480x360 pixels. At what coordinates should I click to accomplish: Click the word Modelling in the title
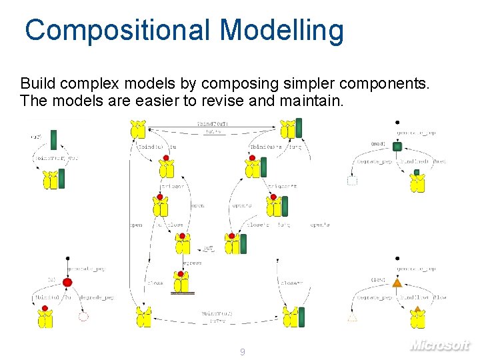(x=282, y=30)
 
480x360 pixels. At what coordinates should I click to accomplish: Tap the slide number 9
(x=243, y=351)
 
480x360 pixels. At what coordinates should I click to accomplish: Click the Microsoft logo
(x=440, y=345)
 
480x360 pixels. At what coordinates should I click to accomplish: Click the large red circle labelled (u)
(x=67, y=283)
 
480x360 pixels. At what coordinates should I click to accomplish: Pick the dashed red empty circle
(x=83, y=317)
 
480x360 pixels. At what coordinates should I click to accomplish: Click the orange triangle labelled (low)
(x=397, y=283)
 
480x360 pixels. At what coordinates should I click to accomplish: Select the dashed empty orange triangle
(x=352, y=317)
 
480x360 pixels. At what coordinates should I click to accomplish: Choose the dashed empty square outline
(x=353, y=179)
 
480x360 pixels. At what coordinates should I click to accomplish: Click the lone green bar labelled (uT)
(x=54, y=139)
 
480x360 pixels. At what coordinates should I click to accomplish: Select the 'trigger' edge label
(x=173, y=187)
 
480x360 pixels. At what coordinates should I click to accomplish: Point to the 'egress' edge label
(x=191, y=263)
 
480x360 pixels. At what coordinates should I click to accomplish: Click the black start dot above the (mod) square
(x=397, y=123)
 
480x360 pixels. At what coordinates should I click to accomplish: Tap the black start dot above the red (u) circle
(x=67, y=257)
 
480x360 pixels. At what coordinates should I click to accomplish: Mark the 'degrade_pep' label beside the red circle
(x=97, y=297)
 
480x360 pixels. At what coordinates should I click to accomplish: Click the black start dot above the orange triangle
(x=397, y=258)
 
